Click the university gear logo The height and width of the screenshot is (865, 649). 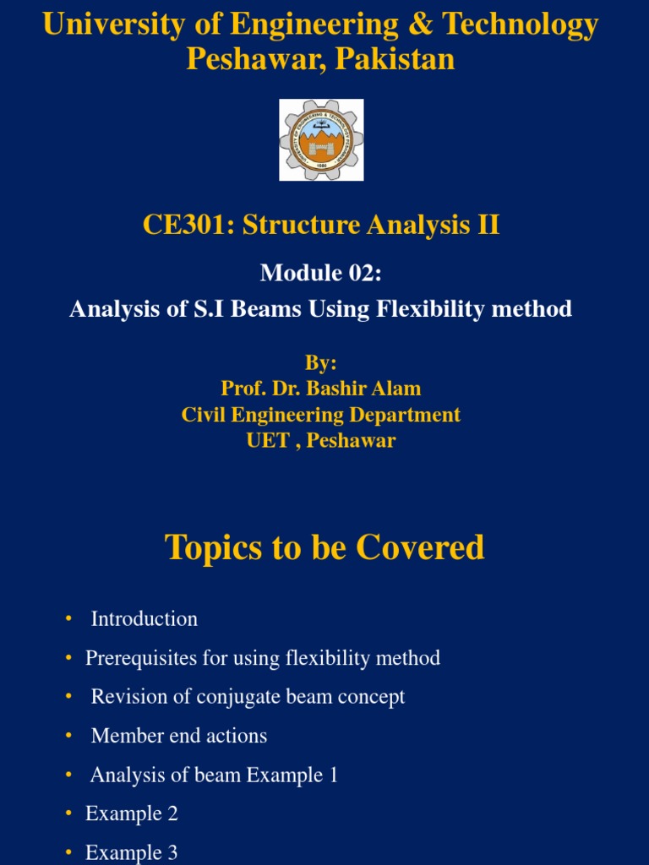point(321,139)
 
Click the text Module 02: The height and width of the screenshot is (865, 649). point(320,272)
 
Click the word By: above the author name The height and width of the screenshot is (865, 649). point(320,362)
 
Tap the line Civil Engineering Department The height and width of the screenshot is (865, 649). point(321,415)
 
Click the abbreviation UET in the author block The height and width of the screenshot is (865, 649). point(269,441)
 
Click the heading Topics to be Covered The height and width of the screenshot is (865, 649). point(324,547)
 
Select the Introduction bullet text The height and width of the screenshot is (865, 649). point(145,619)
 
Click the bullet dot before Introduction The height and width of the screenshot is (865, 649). point(68,620)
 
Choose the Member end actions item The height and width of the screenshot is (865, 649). point(179,736)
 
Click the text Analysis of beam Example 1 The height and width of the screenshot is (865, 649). point(214,775)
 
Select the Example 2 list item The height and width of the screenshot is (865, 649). point(132,813)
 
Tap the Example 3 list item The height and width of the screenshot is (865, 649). point(132,852)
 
